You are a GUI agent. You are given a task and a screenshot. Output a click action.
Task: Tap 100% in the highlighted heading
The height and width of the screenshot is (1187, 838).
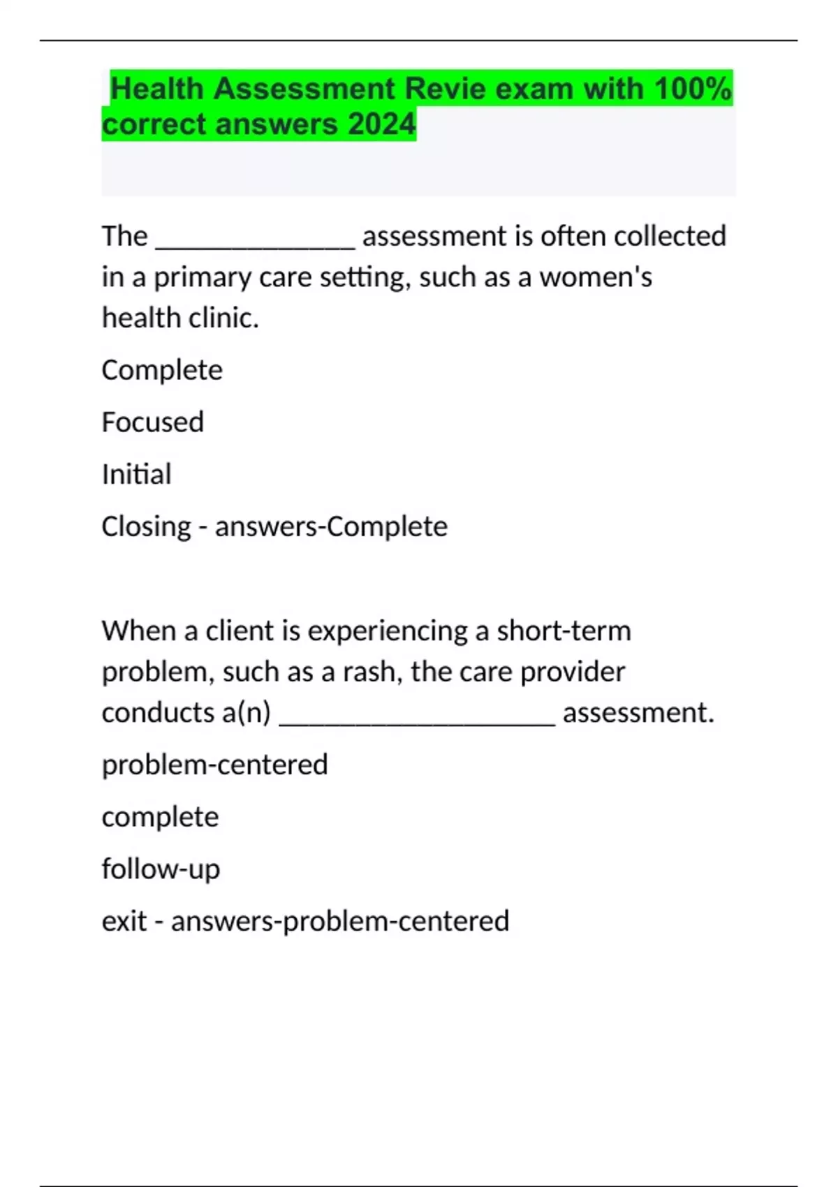[692, 89]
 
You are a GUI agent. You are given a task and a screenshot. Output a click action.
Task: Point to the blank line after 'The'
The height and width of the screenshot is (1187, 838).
[255, 241]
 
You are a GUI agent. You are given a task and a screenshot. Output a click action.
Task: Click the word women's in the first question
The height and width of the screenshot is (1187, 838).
[596, 277]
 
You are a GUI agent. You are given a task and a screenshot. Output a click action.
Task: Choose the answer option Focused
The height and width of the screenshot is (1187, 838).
[152, 422]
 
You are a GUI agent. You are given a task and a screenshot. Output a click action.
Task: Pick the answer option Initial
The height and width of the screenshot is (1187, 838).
[136, 474]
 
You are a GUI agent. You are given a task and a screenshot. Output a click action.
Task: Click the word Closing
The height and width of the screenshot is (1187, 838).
[146, 526]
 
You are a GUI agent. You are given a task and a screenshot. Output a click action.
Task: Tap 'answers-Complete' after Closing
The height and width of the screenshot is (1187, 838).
[331, 526]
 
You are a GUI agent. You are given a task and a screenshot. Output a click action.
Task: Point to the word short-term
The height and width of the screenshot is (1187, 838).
[564, 631]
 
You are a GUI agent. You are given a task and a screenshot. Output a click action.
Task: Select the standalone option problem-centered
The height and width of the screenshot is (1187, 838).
[214, 765]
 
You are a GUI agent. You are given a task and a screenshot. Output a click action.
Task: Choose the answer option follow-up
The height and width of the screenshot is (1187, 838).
[161, 869]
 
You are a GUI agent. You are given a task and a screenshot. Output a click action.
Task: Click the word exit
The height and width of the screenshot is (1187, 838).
[124, 921]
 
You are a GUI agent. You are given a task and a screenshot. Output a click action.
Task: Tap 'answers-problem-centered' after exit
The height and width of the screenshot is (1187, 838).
[340, 921]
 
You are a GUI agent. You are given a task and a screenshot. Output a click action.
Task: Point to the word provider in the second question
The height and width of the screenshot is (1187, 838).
[573, 672]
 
